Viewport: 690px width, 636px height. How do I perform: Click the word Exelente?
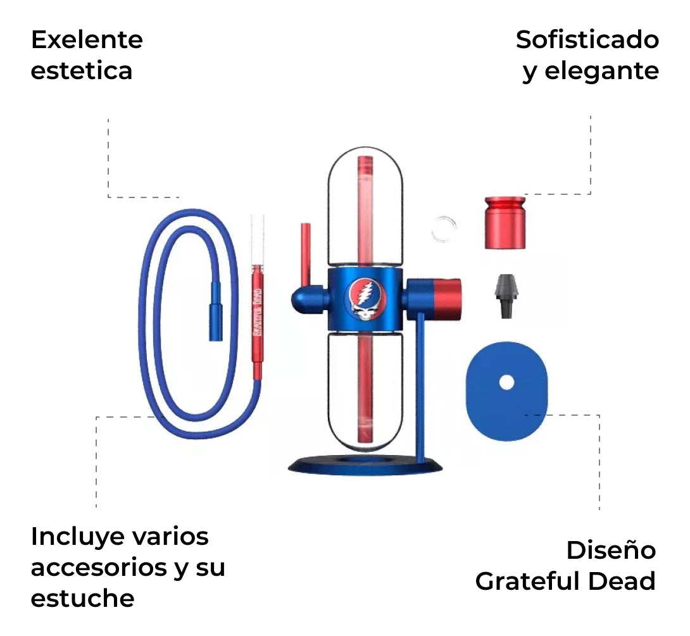[x=87, y=40]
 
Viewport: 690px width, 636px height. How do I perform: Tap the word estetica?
[x=82, y=70]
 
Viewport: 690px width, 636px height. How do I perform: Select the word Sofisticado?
[x=587, y=40]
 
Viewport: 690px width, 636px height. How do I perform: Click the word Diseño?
[x=611, y=550]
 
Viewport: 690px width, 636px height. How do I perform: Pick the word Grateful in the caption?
[x=533, y=581]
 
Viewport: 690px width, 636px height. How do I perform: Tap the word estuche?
[x=82, y=597]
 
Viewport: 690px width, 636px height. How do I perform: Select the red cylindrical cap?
[x=505, y=223]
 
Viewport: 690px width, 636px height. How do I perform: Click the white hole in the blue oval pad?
[x=506, y=382]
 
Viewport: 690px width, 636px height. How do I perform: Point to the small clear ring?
[x=444, y=229]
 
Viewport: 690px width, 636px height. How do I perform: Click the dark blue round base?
[x=365, y=466]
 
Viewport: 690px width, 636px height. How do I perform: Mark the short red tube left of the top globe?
[x=305, y=253]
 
